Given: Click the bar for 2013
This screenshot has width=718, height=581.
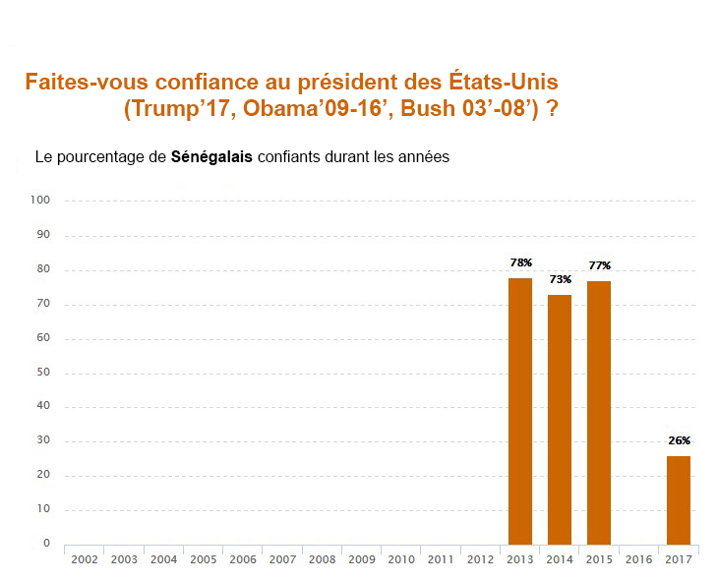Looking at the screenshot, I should click(x=520, y=411).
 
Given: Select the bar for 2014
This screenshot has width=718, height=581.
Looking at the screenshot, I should click(x=560, y=419).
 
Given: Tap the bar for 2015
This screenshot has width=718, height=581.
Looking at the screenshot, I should click(x=599, y=412).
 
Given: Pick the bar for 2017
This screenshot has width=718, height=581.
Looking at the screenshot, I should click(x=679, y=499).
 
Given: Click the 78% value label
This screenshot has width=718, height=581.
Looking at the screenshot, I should click(x=520, y=263).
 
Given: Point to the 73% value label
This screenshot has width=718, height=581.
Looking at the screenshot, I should click(x=560, y=280).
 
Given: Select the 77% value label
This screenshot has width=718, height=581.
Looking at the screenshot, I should click(x=600, y=265).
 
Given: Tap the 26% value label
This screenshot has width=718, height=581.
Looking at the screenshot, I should click(x=679, y=440).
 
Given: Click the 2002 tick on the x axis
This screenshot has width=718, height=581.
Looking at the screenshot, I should click(x=85, y=559).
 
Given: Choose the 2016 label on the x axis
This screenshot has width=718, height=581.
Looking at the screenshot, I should click(x=639, y=559).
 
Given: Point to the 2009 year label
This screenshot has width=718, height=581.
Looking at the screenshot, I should click(x=362, y=559).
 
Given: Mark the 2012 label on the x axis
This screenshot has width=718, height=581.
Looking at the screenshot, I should click(x=481, y=559).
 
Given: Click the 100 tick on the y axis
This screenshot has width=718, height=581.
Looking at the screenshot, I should click(x=41, y=201).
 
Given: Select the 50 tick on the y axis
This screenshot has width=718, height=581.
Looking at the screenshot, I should click(x=44, y=373).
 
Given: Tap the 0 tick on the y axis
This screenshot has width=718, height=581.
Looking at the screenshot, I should click(x=47, y=543).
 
